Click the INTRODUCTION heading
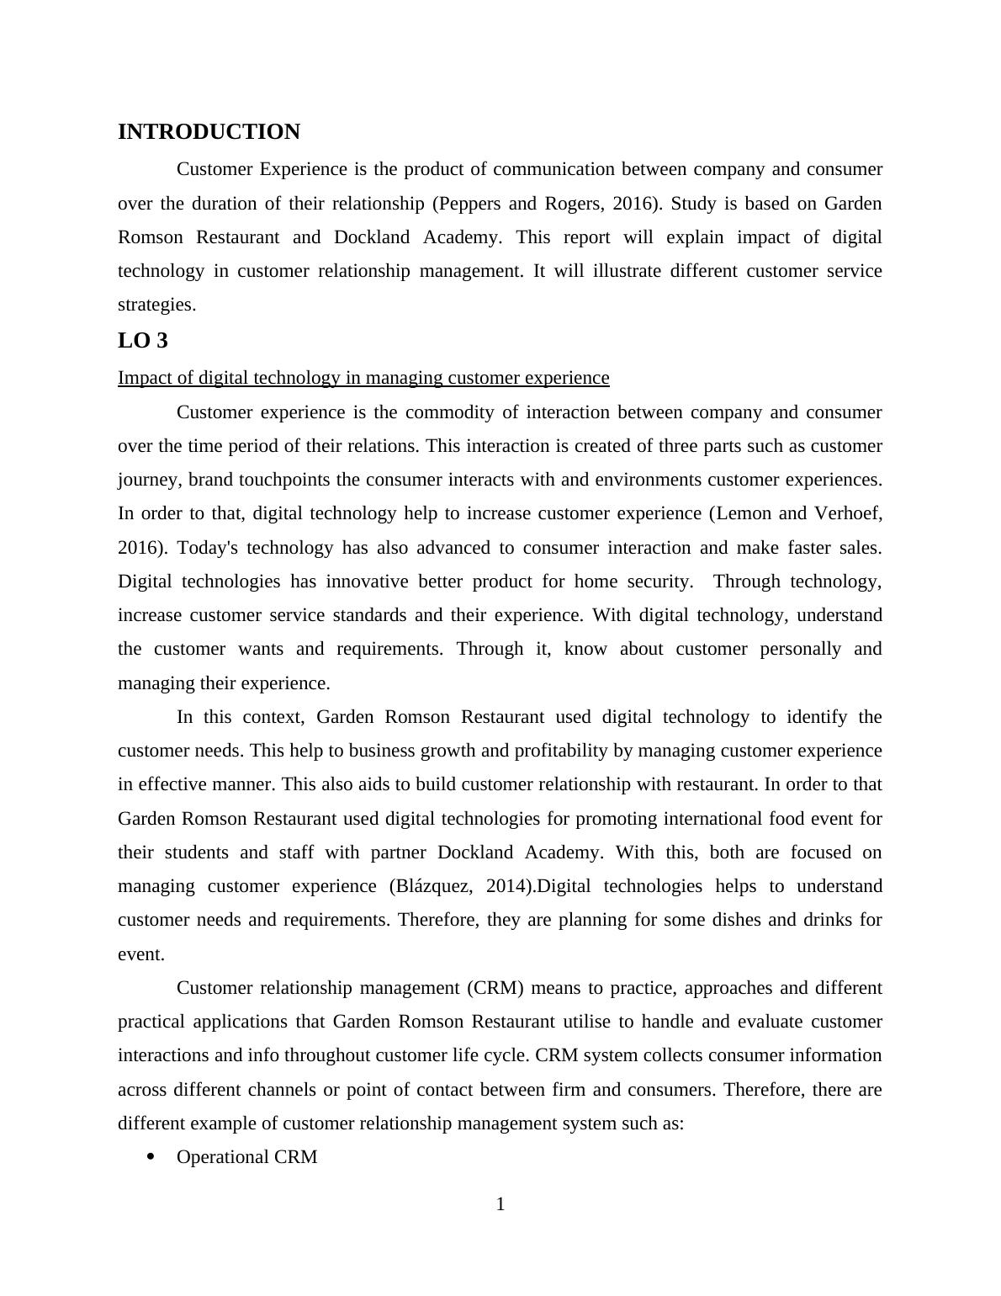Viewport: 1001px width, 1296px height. (209, 132)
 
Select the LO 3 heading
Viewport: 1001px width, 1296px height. (143, 341)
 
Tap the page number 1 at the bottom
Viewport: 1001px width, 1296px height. (500, 1204)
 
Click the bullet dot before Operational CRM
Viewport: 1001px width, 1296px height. (151, 1156)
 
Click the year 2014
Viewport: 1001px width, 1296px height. (510, 886)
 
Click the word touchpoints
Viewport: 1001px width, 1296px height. (280, 480)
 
